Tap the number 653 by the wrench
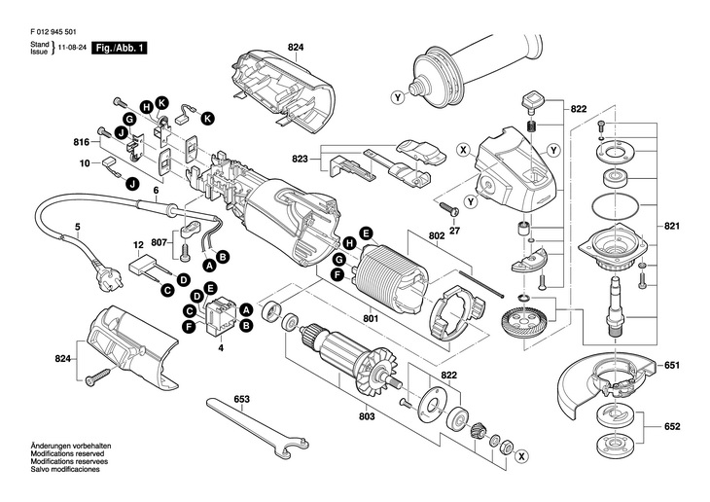coord(242,400)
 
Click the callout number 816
coord(82,142)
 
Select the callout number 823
coord(301,159)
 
